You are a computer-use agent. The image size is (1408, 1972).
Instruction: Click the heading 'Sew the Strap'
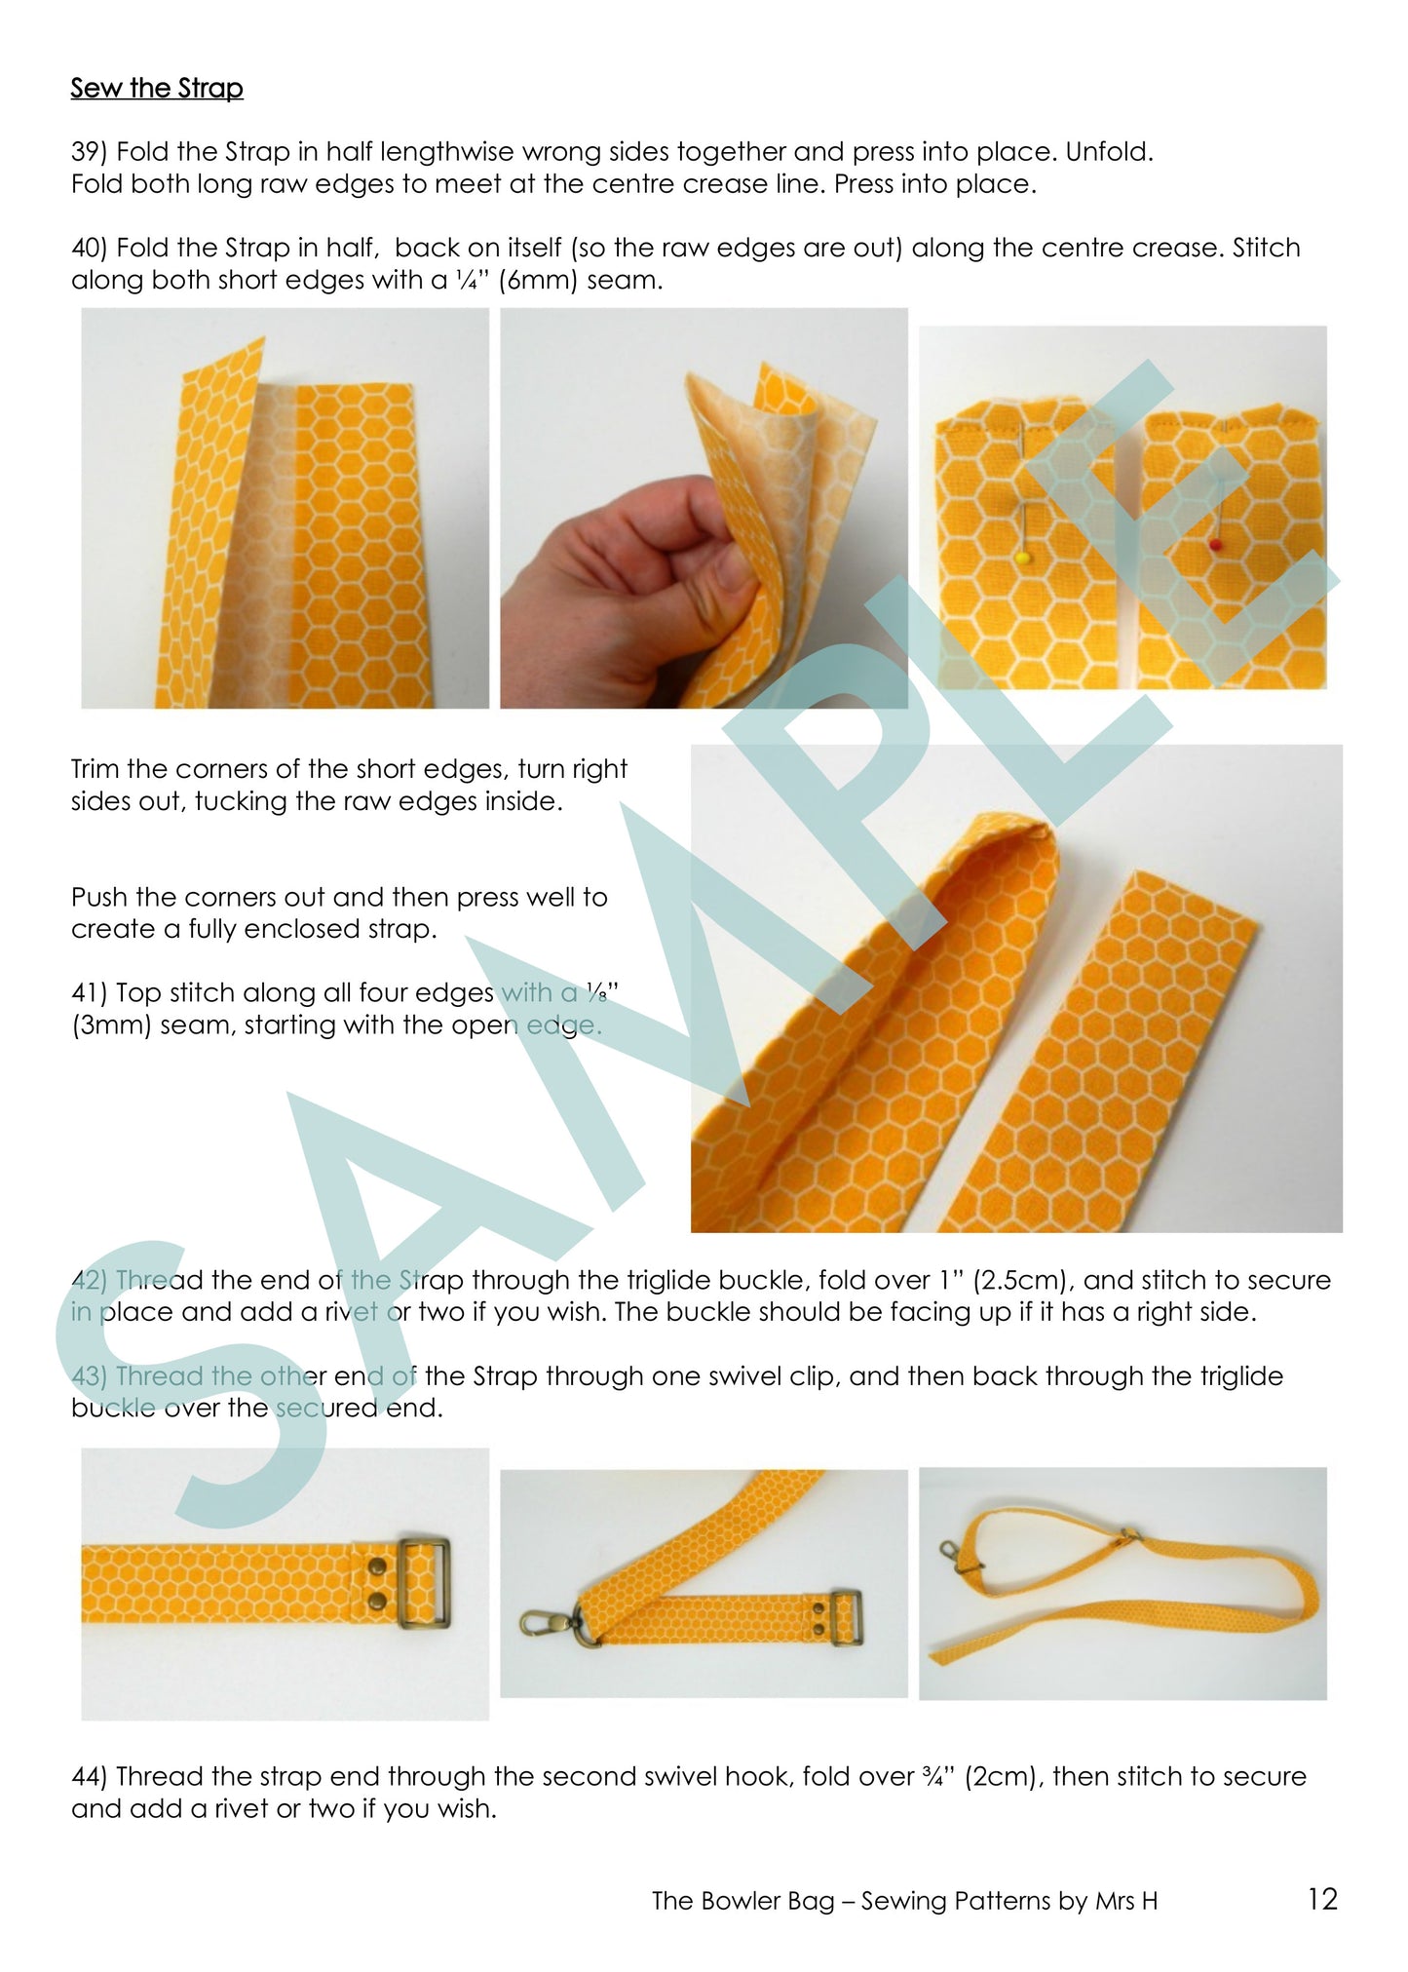[x=157, y=89]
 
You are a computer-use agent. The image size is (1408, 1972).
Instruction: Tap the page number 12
[x=1323, y=1899]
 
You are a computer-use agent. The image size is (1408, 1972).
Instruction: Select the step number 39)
[x=90, y=152]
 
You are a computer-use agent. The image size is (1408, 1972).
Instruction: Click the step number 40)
[x=90, y=248]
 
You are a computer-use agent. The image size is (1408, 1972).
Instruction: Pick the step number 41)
[x=90, y=993]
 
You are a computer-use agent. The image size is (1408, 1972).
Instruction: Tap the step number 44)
[x=90, y=1776]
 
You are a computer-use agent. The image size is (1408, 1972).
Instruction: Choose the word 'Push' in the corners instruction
[x=98, y=897]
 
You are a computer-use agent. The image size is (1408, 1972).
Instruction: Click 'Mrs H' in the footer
[x=1126, y=1901]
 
